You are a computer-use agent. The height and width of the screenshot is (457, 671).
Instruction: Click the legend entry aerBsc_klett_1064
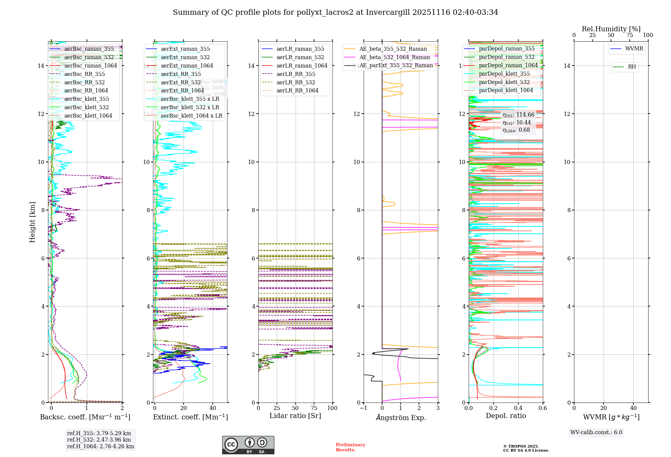(88, 116)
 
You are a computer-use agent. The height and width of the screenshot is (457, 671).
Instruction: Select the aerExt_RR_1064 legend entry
(182, 90)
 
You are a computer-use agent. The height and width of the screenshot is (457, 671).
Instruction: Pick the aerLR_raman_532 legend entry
(300, 57)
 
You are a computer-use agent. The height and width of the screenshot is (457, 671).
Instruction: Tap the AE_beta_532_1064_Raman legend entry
(395, 57)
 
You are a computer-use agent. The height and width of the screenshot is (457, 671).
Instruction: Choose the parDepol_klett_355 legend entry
(504, 74)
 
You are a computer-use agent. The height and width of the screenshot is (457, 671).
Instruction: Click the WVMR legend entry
(634, 49)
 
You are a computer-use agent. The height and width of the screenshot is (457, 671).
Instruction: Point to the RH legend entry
(632, 67)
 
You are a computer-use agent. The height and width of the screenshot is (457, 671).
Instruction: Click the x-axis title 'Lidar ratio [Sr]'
(295, 416)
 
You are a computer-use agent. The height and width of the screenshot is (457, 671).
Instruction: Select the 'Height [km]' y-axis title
(32, 222)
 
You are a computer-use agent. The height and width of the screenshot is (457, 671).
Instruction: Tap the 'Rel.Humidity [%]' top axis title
(611, 29)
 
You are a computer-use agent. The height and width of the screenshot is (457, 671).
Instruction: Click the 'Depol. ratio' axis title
(506, 416)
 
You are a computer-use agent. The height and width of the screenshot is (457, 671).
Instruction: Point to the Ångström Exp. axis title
(401, 417)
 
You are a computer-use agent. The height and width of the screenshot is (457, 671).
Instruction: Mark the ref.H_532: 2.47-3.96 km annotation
(99, 440)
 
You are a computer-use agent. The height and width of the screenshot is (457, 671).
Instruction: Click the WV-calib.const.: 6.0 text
(596, 432)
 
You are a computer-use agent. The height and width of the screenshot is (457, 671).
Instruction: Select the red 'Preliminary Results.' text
(350, 447)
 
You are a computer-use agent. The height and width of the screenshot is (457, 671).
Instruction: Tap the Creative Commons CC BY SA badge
(248, 445)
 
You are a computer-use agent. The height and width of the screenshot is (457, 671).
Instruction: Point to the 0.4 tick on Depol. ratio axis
(518, 408)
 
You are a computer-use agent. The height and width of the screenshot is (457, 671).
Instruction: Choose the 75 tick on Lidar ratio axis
(314, 408)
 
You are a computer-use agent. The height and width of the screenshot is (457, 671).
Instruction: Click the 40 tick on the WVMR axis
(633, 408)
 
